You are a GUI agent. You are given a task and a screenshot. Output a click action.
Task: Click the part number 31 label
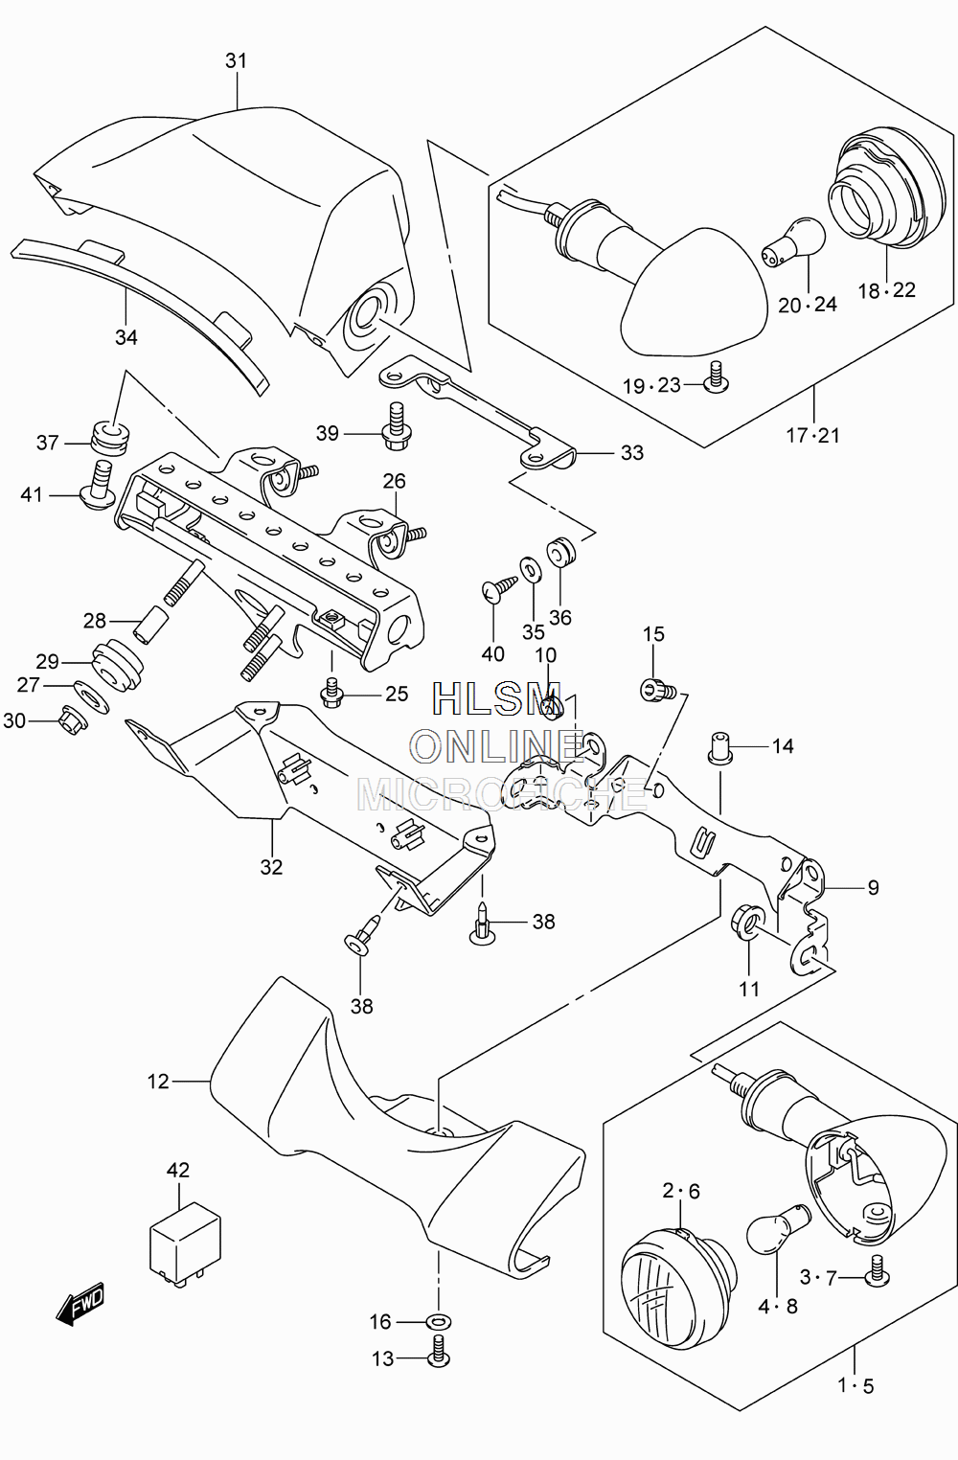(236, 60)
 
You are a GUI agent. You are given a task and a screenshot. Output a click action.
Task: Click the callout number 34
(126, 337)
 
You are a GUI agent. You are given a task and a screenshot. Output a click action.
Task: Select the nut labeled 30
(73, 720)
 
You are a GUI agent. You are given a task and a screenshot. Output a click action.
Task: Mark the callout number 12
(158, 1082)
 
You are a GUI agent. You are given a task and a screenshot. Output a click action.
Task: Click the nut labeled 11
(745, 922)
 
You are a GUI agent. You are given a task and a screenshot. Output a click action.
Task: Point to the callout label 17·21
(812, 435)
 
